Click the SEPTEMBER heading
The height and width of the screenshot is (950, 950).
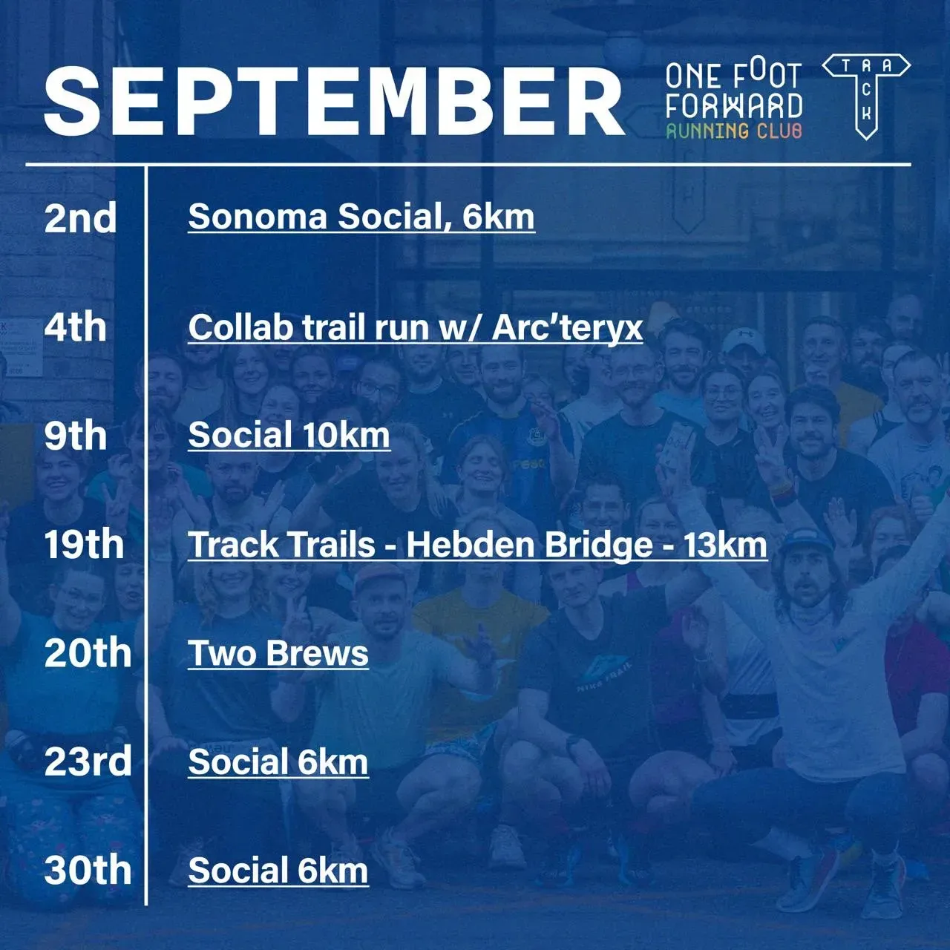(x=334, y=102)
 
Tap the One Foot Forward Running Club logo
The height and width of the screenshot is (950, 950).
(x=734, y=101)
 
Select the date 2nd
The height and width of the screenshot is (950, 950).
(x=80, y=217)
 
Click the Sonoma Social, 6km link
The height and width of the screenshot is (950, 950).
(x=361, y=217)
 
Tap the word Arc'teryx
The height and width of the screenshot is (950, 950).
(x=568, y=327)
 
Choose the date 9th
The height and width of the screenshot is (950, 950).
(x=76, y=436)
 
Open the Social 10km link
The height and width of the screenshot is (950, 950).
(x=289, y=436)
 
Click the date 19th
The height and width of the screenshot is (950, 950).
(x=84, y=545)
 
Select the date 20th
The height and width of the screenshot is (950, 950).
(x=88, y=653)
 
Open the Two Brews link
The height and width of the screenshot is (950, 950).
(x=278, y=653)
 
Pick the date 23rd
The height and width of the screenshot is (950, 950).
(x=88, y=762)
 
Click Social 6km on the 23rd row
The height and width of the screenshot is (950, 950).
(x=278, y=762)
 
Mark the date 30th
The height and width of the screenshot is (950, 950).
(x=88, y=871)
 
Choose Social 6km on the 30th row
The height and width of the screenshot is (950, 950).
(x=278, y=871)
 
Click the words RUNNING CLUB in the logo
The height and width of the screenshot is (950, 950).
(x=734, y=131)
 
